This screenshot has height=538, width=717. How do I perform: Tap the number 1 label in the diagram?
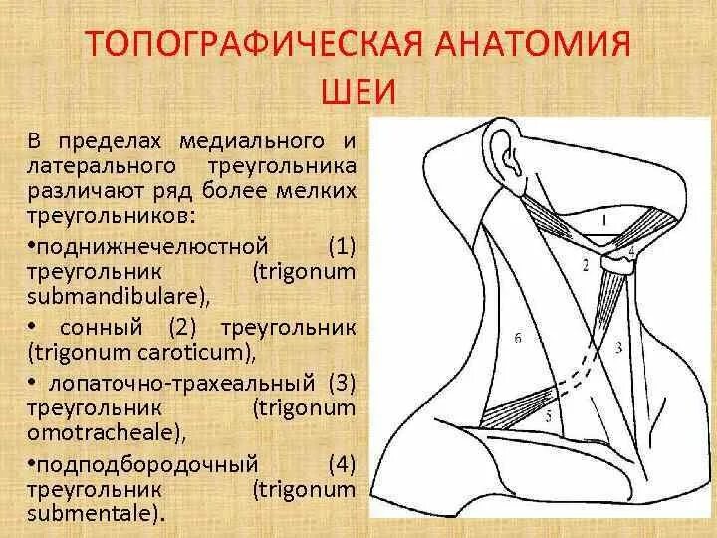click(x=606, y=216)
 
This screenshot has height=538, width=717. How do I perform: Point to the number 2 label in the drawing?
click(x=586, y=265)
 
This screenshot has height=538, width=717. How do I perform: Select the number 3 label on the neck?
click(x=618, y=348)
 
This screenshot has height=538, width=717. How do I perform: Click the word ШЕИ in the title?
click(x=358, y=93)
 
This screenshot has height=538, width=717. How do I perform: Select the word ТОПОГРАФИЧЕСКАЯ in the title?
click(x=245, y=46)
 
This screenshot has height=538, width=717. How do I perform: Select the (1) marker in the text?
click(x=340, y=244)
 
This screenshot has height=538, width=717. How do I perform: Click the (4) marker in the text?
click(x=340, y=463)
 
